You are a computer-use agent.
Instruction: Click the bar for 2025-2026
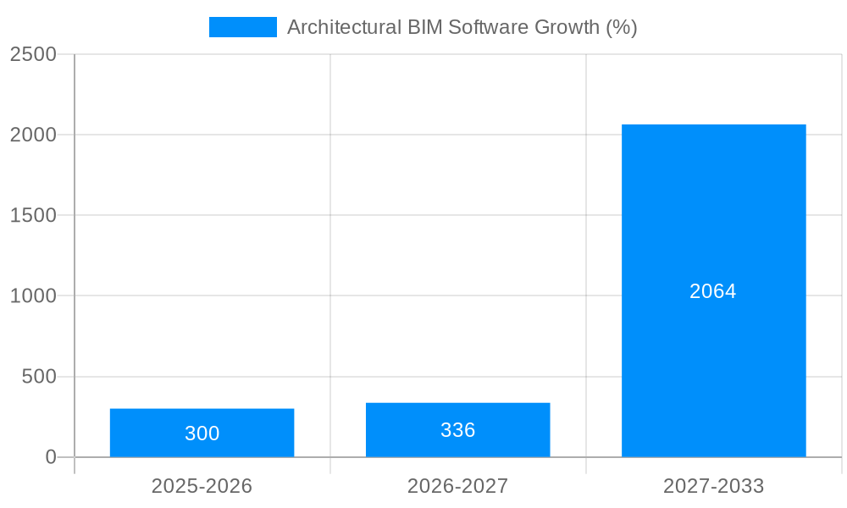tap(202, 433)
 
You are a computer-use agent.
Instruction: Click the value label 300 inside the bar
tap(202, 433)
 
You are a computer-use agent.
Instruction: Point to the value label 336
tap(457, 430)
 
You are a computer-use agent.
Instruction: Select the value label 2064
tap(713, 291)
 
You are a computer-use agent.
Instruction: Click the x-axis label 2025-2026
tap(202, 486)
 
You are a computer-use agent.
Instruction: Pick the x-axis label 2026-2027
tap(457, 486)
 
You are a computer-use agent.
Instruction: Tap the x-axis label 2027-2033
tap(713, 486)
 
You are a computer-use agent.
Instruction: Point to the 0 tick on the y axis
tap(50, 457)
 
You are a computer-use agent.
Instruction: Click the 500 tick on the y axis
tap(38, 377)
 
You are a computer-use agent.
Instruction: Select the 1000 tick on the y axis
tap(33, 295)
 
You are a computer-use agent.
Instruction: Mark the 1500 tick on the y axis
tap(33, 215)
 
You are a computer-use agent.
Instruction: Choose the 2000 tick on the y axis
tap(33, 135)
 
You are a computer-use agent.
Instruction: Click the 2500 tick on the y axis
tap(33, 54)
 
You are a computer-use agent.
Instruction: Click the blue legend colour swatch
tap(242, 27)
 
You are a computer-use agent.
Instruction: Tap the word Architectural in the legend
tap(336, 27)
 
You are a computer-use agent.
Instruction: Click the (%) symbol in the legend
tap(622, 27)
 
